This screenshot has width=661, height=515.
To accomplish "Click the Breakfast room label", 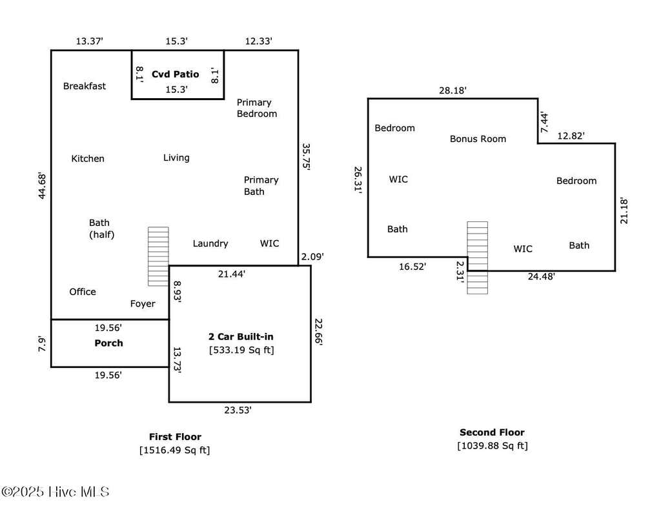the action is pyautogui.click(x=85, y=86).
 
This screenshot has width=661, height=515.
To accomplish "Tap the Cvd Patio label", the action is pyautogui.click(x=176, y=74).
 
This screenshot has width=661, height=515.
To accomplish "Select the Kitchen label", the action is pyautogui.click(x=88, y=159).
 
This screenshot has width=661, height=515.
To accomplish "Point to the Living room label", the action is pyautogui.click(x=176, y=157).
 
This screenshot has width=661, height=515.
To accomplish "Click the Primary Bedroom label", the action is pyautogui.click(x=257, y=108).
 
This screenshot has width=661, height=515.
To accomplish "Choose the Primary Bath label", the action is pyautogui.click(x=261, y=185).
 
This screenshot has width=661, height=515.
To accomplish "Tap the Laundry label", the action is pyautogui.click(x=210, y=243).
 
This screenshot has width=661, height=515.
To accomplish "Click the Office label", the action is pyautogui.click(x=83, y=292).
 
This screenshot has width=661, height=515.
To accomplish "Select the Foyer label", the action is pyautogui.click(x=143, y=304).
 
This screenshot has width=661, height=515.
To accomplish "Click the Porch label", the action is pyautogui.click(x=108, y=343).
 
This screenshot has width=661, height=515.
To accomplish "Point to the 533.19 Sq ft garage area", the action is pyautogui.click(x=241, y=350).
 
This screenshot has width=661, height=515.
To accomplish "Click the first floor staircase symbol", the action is pyautogui.click(x=159, y=257).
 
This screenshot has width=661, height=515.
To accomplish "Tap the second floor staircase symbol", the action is pyautogui.click(x=478, y=257).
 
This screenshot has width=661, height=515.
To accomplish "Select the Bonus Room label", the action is pyautogui.click(x=478, y=139).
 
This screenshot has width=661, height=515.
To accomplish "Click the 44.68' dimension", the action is pyautogui.click(x=42, y=185).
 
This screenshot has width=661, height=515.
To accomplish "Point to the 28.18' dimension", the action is pyautogui.click(x=453, y=90).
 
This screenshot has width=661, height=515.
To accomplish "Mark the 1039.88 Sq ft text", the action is pyautogui.click(x=493, y=446).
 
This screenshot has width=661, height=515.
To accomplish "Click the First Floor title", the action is pyautogui.click(x=175, y=437).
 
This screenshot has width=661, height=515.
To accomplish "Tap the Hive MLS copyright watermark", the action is pyautogui.click(x=56, y=492).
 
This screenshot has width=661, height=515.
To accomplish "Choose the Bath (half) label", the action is pyautogui.click(x=101, y=228).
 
